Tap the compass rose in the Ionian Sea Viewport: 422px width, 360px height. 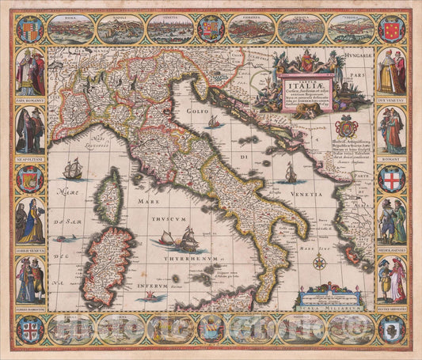(320, 262)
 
